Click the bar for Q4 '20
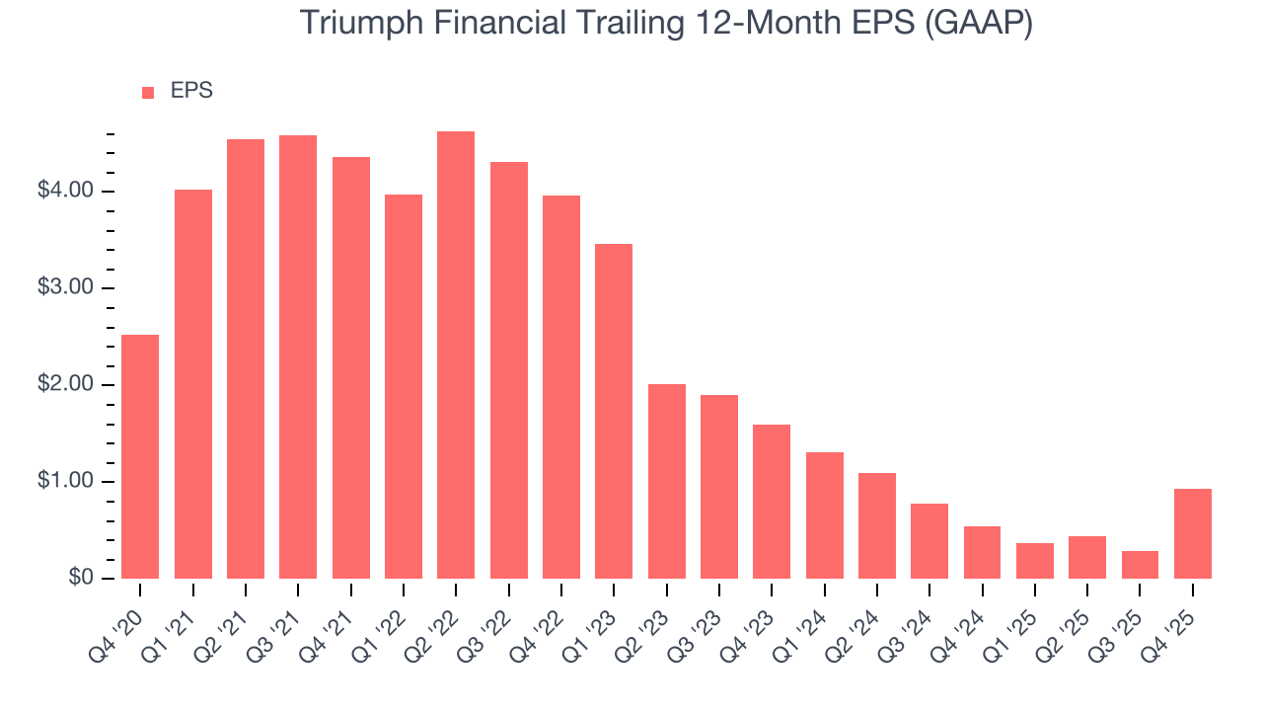tap(140, 456)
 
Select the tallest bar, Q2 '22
tap(456, 355)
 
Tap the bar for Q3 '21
tap(298, 356)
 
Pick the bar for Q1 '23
tap(614, 411)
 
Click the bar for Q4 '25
tap(1193, 533)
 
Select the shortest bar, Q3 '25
tap(1140, 565)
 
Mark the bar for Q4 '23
tap(772, 502)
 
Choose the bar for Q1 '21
tap(193, 384)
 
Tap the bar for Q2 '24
tap(877, 525)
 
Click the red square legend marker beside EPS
tap(148, 92)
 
